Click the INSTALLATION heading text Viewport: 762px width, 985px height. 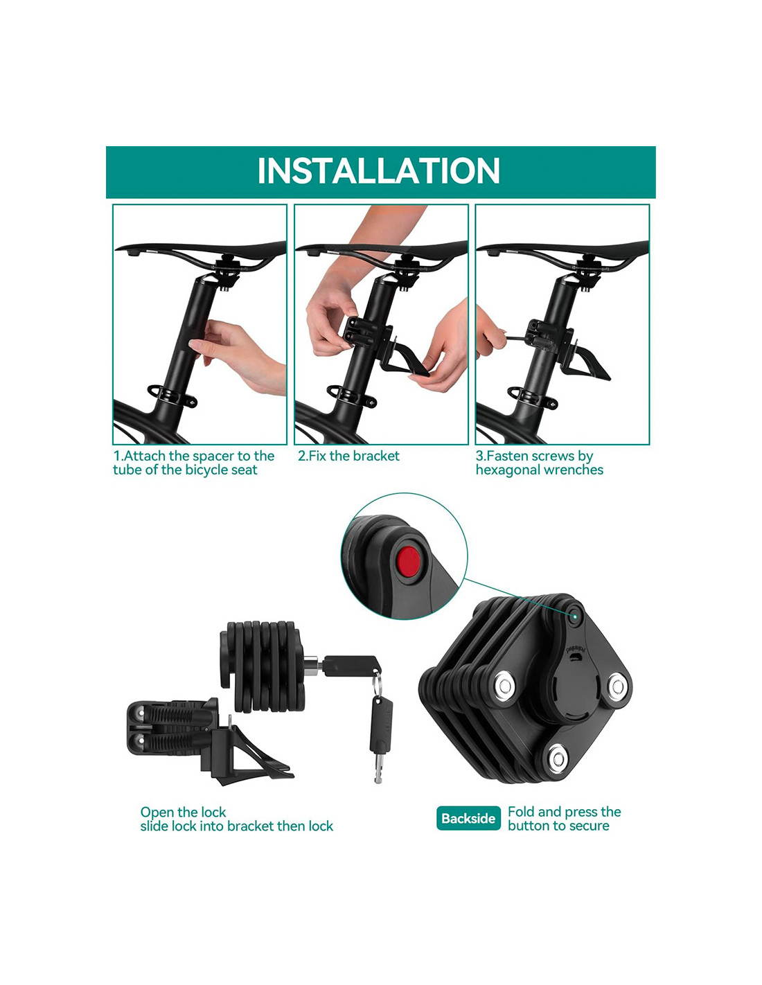pyautogui.click(x=378, y=171)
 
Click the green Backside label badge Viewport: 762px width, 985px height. pyautogui.click(x=468, y=818)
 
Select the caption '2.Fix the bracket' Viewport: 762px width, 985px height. pyautogui.click(x=348, y=456)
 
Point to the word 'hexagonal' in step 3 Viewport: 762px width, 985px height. pyautogui.click(x=507, y=470)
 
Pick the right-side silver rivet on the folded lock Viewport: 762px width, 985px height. pyautogui.click(x=617, y=686)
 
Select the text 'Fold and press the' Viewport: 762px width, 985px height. pyautogui.click(x=564, y=811)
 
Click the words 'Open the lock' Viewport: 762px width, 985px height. pyautogui.click(x=183, y=812)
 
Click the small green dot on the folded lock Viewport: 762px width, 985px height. pyautogui.click(x=574, y=616)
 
